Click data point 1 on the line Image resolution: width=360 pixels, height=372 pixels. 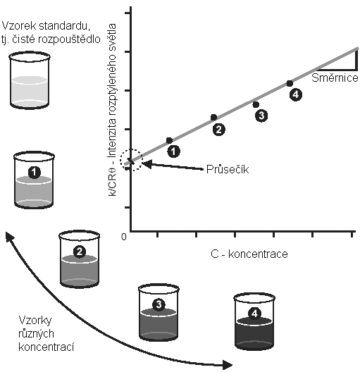coord(169,140)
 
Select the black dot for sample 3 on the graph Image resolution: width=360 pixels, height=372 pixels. coord(256,104)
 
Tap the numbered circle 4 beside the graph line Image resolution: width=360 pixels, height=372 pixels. coord(296,94)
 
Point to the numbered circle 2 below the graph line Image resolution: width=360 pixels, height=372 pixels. coord(218,130)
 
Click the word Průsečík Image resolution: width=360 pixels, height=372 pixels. coord(228,169)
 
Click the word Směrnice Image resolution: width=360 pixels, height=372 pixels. coord(335,77)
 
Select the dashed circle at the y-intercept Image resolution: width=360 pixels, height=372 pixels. coord(131,160)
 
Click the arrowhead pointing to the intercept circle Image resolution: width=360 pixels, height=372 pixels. coord(147,163)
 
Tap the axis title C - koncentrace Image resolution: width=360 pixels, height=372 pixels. coord(249,254)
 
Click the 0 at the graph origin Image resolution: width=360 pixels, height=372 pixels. coord(124,237)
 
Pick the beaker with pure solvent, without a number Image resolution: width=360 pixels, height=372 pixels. coord(30,80)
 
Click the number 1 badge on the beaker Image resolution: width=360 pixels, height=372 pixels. coord(35,172)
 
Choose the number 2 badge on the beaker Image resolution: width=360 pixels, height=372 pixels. coord(80,252)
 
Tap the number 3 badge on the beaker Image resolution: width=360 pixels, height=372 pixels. coord(159,304)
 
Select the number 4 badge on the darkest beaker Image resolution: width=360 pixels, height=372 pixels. coord(254,314)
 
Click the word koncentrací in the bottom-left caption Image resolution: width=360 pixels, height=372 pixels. coord(46,347)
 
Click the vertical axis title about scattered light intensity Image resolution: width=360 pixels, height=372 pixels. coord(112,110)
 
